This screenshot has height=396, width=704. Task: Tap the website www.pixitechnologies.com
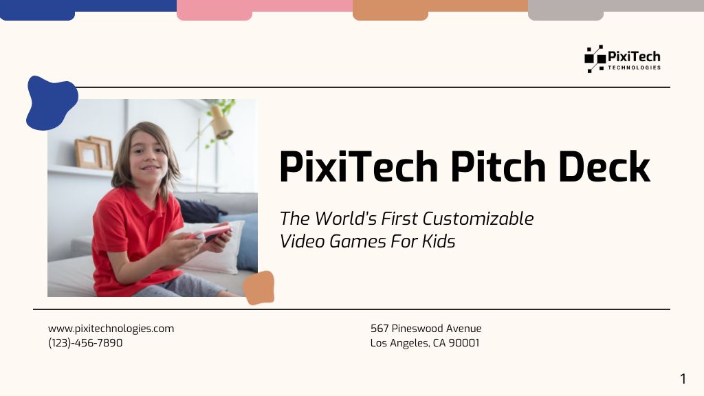pyautogui.click(x=111, y=329)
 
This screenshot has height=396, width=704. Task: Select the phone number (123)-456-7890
pyautogui.click(x=85, y=342)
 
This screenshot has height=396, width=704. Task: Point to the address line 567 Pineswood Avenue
pyautogui.click(x=426, y=329)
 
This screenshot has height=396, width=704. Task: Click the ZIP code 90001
pyautogui.click(x=464, y=342)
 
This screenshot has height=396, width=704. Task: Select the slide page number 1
pyautogui.click(x=683, y=379)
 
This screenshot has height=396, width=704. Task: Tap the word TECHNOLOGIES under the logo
pyautogui.click(x=634, y=68)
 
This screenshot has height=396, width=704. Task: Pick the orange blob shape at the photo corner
pyautogui.click(x=259, y=288)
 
